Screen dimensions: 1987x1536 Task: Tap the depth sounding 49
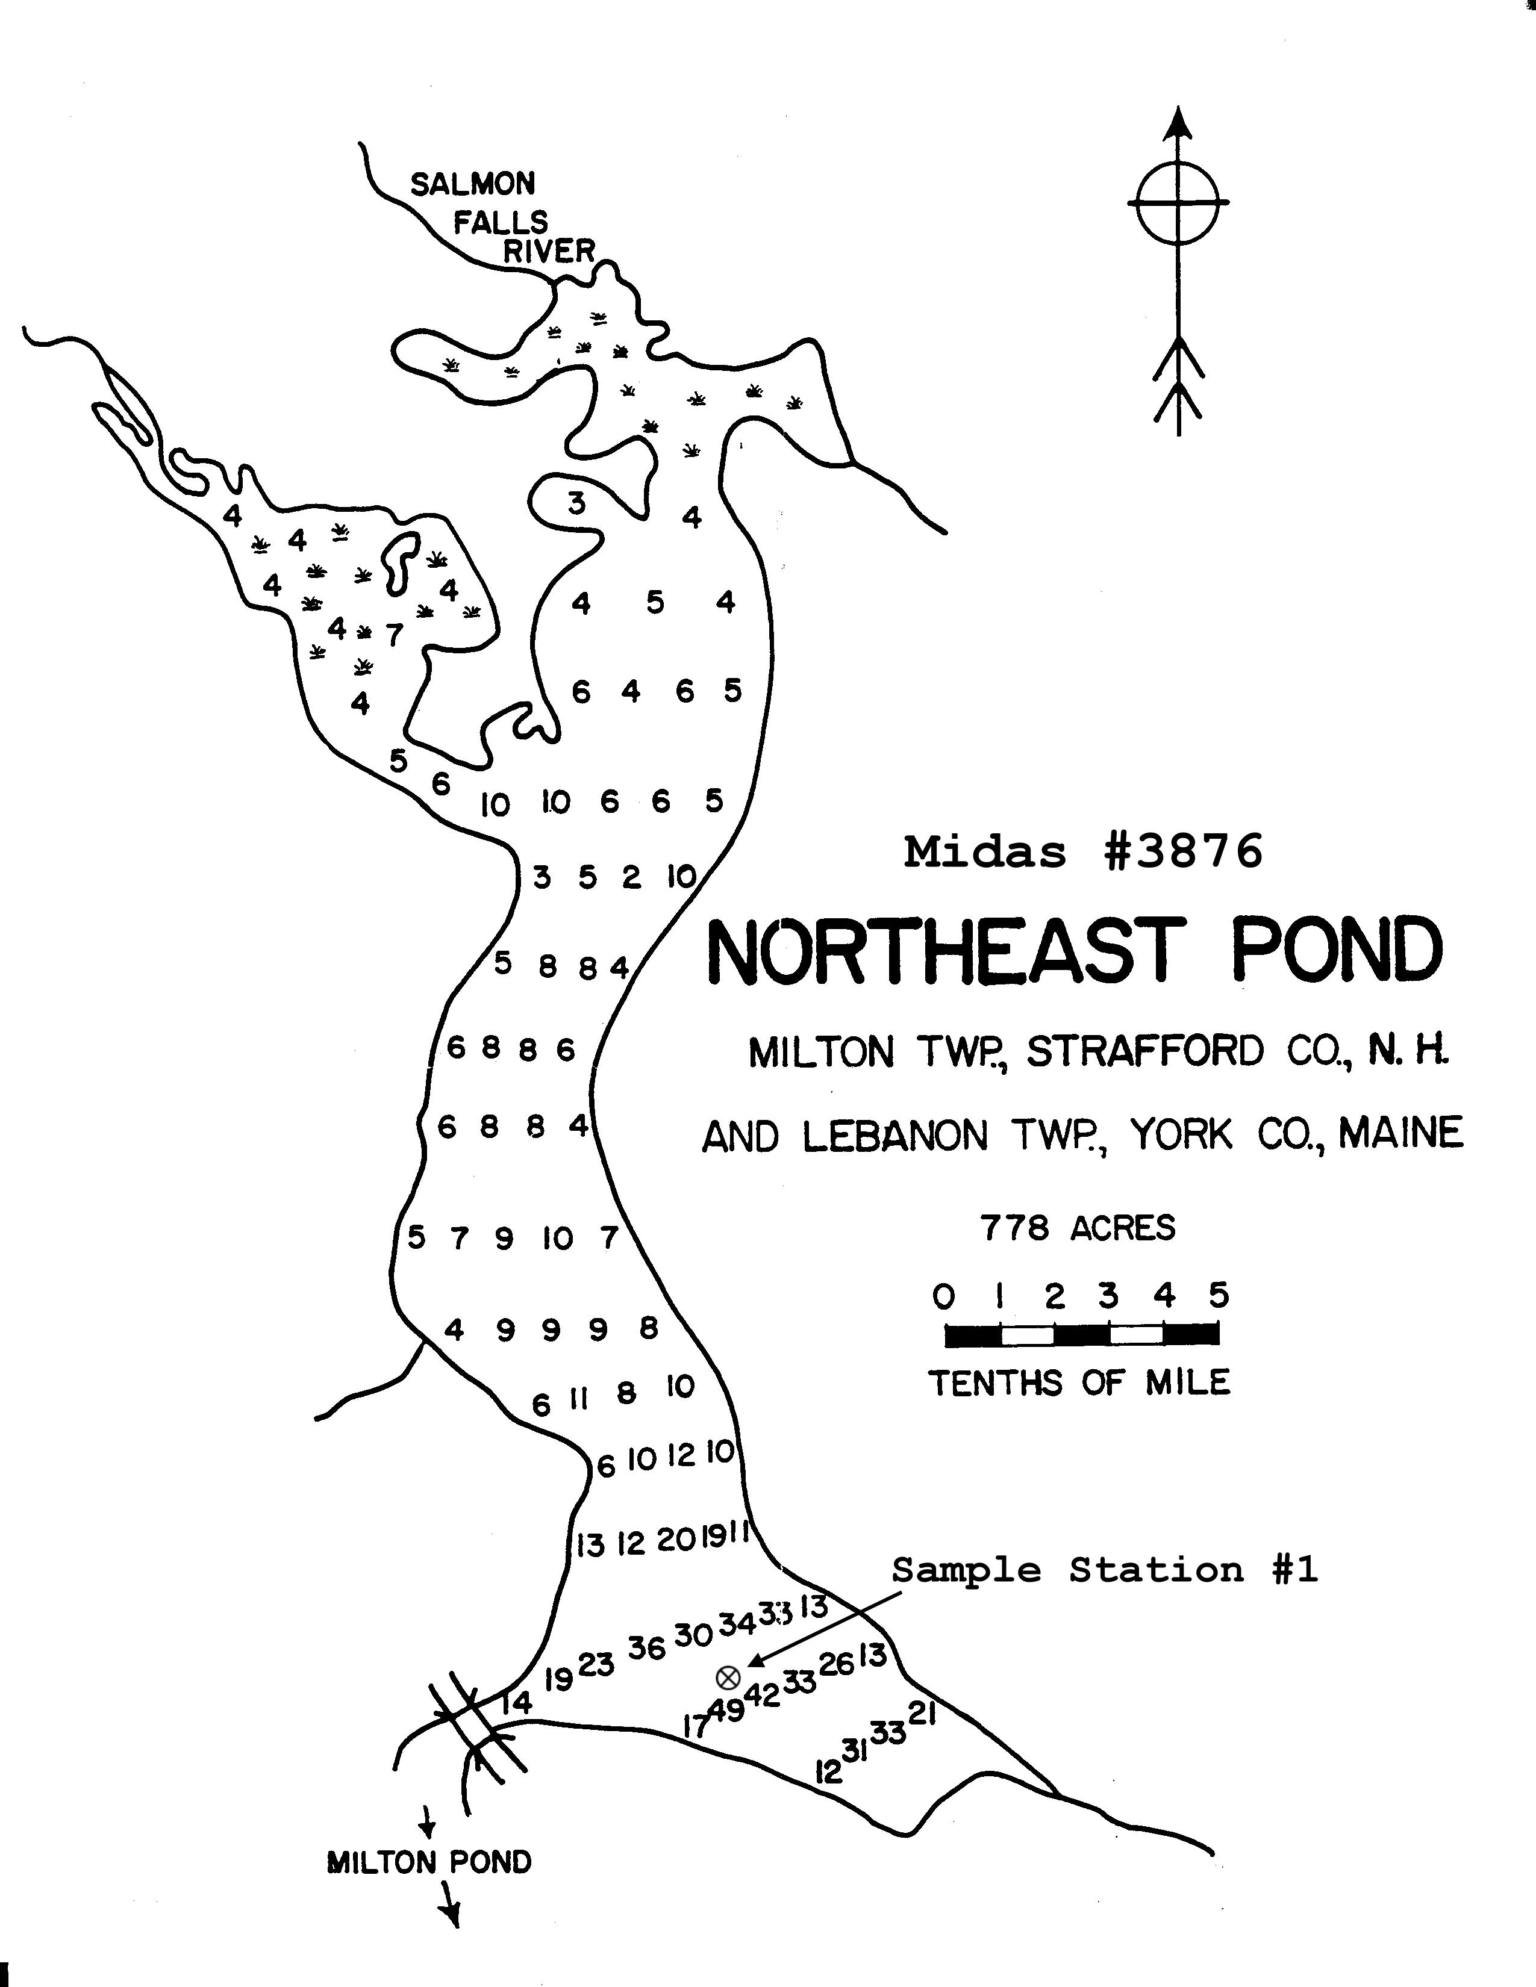(726, 1711)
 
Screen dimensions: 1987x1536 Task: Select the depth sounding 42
(763, 1695)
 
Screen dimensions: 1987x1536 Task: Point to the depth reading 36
(647, 1647)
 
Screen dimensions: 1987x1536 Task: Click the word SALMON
(472, 185)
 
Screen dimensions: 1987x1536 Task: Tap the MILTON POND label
(429, 1862)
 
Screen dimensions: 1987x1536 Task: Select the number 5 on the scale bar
(1219, 1295)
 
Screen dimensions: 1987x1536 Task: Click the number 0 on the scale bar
(944, 1296)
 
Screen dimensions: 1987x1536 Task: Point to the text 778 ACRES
(1078, 1228)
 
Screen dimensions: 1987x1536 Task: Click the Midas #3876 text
(1083, 853)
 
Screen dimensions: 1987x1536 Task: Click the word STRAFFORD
(1146, 1052)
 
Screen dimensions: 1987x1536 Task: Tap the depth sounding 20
(676, 1540)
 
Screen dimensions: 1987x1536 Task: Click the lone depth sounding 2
(631, 878)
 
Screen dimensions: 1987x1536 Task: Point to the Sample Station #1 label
(1104, 1570)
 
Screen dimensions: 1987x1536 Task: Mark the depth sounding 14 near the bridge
(516, 1702)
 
